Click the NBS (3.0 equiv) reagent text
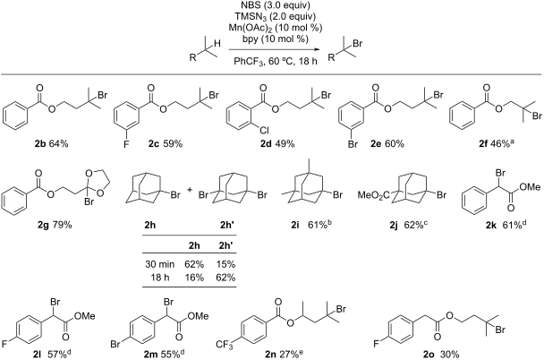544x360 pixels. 275,5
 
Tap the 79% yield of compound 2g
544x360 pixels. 62,225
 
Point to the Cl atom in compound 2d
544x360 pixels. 264,131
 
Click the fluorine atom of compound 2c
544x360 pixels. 126,143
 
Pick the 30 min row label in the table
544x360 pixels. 159,264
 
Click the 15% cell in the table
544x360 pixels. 225,264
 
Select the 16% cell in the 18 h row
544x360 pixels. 194,278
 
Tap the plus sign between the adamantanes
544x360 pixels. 190,190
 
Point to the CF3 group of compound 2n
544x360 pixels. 225,345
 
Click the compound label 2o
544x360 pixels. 429,354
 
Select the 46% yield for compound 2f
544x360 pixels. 499,143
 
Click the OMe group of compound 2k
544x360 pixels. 530,187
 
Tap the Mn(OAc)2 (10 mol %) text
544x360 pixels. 275,28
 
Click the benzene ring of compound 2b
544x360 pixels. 14,115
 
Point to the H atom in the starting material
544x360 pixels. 217,43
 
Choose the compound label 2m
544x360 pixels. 151,354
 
